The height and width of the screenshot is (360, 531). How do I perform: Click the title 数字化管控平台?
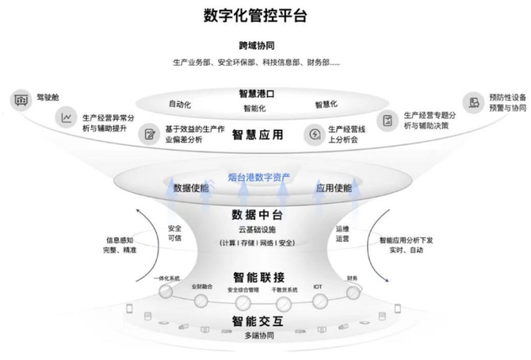click(254, 15)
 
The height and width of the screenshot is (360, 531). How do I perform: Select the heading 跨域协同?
click(254, 45)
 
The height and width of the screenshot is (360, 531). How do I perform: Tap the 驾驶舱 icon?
click(19, 101)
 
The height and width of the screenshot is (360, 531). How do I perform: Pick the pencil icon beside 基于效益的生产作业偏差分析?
click(148, 134)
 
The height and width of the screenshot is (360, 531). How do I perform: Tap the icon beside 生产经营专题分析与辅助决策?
click(388, 121)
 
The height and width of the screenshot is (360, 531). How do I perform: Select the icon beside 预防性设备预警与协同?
click(473, 101)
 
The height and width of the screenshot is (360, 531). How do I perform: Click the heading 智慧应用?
click(258, 135)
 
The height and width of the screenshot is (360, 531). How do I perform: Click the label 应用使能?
click(334, 189)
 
